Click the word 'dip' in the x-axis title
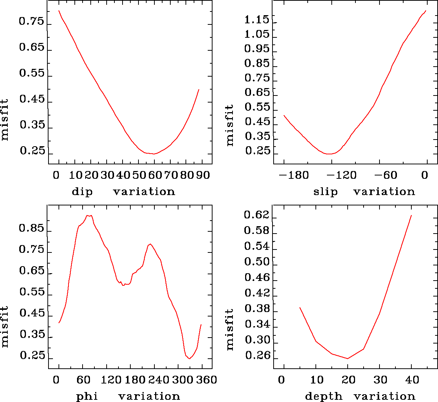[x=82, y=192]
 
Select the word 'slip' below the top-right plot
[x=326, y=192]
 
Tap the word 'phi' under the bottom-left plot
[x=87, y=396]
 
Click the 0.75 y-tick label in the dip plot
[x=32, y=21]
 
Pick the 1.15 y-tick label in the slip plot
[x=257, y=20]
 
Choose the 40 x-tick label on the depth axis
[x=412, y=380]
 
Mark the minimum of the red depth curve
[x=348, y=358]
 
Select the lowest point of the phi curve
[x=190, y=358]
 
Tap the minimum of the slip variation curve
[x=328, y=154]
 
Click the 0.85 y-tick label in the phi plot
[x=32, y=228]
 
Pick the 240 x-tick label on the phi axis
[x=157, y=380]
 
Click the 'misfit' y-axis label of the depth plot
[x=230, y=329]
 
